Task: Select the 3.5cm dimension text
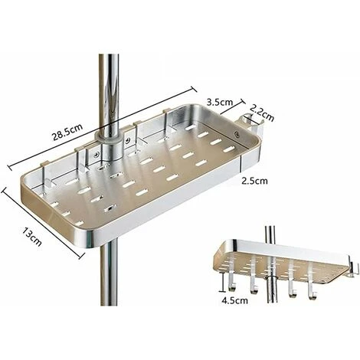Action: [x=220, y=99]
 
